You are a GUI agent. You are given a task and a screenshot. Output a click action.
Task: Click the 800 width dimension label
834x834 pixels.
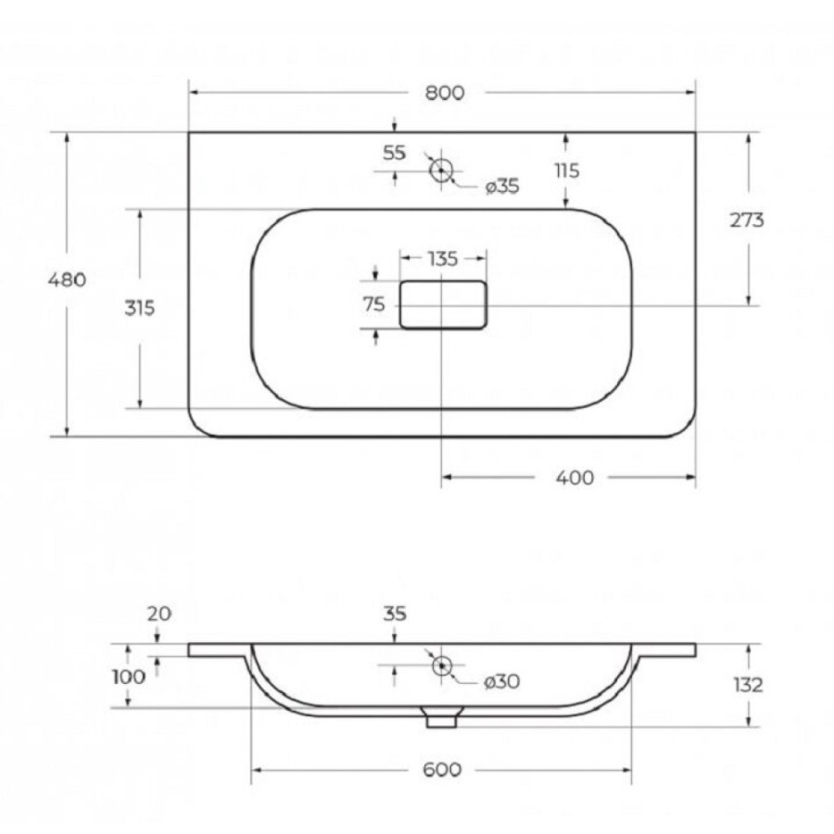coord(445,93)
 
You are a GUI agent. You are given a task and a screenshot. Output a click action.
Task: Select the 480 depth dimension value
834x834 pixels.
coord(67,279)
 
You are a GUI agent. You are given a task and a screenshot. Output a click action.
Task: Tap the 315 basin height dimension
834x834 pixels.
coord(140,308)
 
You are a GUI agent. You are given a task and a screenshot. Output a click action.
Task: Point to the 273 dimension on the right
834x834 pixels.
coord(746,220)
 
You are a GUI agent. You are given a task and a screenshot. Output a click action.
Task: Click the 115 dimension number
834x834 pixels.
coord(567,171)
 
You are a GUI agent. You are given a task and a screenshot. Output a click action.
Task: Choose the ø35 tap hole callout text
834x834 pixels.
coord(502,186)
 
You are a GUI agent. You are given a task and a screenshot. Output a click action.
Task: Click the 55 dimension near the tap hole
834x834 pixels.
coord(394,153)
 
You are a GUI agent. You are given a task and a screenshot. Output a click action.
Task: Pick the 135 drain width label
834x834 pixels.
coord(443,259)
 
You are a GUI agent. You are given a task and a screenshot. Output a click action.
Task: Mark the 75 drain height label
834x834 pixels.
coord(374,305)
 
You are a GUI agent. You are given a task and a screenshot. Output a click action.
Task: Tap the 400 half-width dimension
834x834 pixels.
coord(575,477)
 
